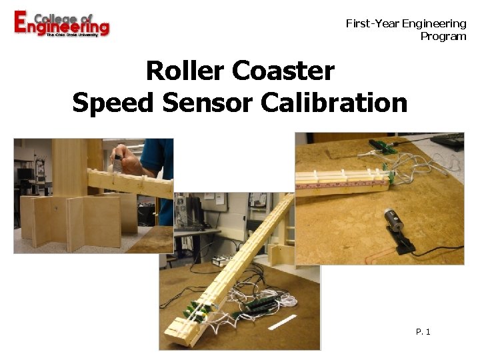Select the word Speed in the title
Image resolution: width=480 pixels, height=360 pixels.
pyautogui.click(x=113, y=103)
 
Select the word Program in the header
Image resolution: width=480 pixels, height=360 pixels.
pyautogui.click(x=443, y=36)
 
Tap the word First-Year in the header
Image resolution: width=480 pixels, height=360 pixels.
pyautogui.click(x=371, y=24)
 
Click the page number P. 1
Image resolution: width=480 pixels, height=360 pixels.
pyautogui.click(x=423, y=331)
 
